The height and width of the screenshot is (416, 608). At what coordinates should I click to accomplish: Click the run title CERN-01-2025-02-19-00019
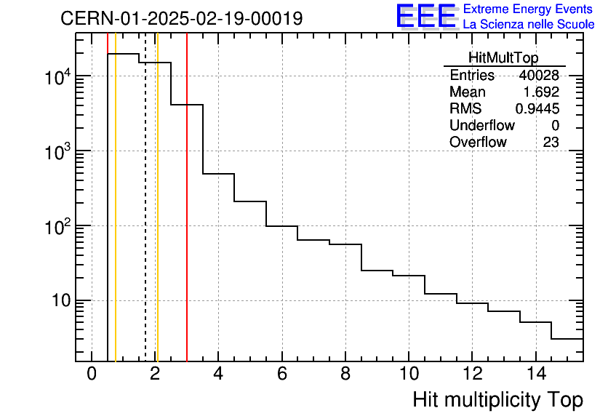[181, 19]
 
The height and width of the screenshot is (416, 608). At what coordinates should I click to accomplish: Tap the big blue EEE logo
[425, 17]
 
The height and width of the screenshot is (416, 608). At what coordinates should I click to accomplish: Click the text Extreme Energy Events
[529, 9]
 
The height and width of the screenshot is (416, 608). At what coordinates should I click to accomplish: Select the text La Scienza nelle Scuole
[529, 25]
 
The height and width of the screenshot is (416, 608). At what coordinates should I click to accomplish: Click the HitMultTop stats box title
[504, 60]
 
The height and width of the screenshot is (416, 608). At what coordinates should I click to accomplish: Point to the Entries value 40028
[538, 76]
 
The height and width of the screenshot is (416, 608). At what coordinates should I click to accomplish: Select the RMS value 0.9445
[537, 109]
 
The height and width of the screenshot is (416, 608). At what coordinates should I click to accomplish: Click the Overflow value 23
[551, 143]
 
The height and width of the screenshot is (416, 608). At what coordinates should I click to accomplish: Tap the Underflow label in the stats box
[481, 126]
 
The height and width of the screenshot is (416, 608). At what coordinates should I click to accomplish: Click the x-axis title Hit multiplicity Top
[497, 400]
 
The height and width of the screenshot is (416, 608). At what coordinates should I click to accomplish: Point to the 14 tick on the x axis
[535, 375]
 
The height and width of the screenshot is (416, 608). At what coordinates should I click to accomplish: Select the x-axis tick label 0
[92, 375]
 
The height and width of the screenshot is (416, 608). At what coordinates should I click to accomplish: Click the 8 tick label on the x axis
[345, 375]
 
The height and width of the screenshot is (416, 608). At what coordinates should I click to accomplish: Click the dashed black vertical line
[145, 218]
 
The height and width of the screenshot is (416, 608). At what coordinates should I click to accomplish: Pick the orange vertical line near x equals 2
[157, 218]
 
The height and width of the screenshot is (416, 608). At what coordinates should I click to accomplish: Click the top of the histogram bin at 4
[218, 174]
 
